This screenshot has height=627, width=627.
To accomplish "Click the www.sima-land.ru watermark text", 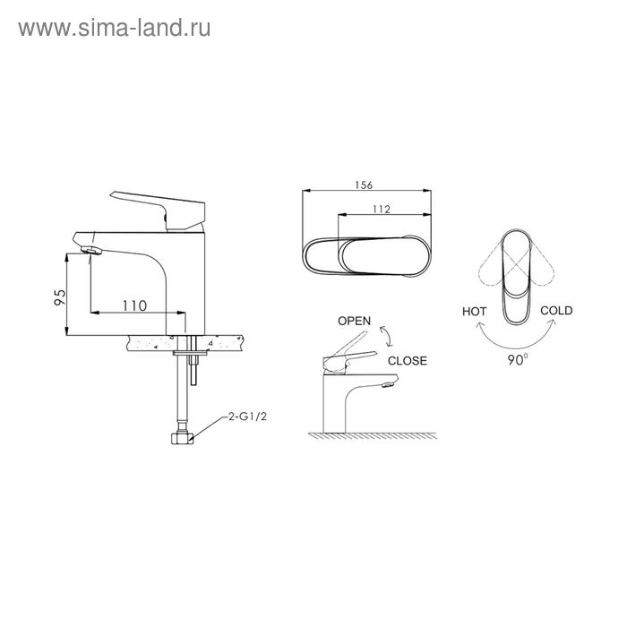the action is pos(115,29).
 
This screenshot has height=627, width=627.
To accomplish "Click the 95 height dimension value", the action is pos(60,297).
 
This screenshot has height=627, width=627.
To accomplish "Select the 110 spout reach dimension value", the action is pos(134,305).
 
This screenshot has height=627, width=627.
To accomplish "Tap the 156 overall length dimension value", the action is pos(364,185).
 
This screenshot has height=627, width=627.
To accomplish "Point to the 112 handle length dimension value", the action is pos(381,209).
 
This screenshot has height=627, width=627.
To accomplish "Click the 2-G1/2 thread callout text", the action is pos(247,417).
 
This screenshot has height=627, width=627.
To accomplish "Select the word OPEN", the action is pos(355,321).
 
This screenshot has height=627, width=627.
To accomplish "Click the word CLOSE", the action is pos(407,361).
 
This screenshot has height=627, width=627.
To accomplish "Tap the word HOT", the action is pos(474,312).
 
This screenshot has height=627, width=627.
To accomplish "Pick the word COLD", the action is pos(556,310).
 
